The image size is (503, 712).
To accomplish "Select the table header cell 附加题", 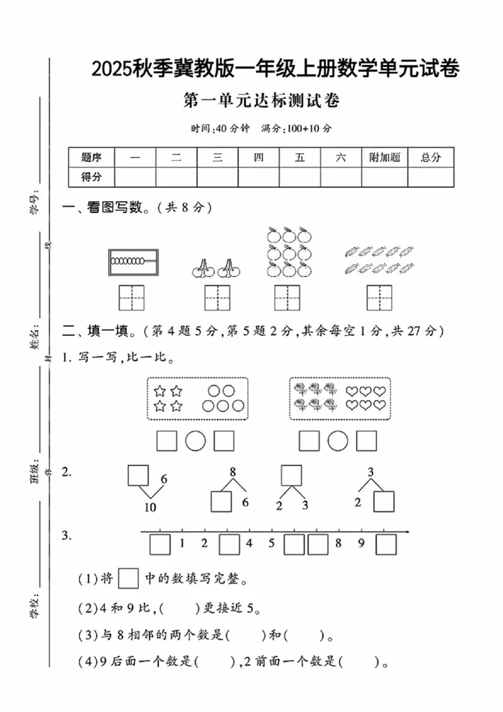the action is [385, 157].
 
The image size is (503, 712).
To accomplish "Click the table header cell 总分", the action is [431, 157].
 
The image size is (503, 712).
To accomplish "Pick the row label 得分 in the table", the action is [91, 177].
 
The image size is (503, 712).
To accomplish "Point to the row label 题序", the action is [91, 157].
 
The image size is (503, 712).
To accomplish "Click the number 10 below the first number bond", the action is [150, 508].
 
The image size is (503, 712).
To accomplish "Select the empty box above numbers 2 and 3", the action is [291, 475].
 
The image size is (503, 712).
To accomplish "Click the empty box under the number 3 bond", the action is [384, 502].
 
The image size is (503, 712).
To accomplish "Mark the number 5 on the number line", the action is [272, 543].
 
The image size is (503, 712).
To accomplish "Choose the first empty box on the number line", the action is [160, 543].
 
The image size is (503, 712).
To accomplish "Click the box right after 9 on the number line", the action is [385, 543].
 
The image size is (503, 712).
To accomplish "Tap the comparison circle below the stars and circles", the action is [196, 442].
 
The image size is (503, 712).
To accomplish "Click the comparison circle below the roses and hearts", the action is [338, 442].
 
